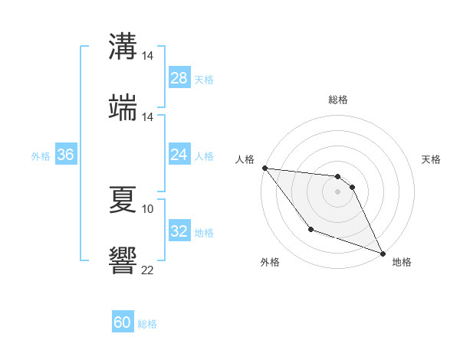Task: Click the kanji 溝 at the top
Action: [123, 47]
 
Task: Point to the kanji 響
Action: [123, 260]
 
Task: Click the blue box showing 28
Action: [179, 78]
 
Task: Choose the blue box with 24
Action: [179, 155]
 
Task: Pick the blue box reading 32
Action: [179, 231]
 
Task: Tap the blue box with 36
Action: [66, 155]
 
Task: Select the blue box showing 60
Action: [123, 322]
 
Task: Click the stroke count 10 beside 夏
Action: [148, 208]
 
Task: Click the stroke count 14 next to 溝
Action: [148, 56]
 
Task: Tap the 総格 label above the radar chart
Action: [338, 100]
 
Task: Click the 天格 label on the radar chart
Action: [431, 159]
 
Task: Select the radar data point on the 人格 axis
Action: [264, 168]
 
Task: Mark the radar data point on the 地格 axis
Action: [383, 254]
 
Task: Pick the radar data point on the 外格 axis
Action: [310, 229]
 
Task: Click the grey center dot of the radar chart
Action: [338, 191]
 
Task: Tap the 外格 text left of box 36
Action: [41, 155]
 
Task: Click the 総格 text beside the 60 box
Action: [147, 324]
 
